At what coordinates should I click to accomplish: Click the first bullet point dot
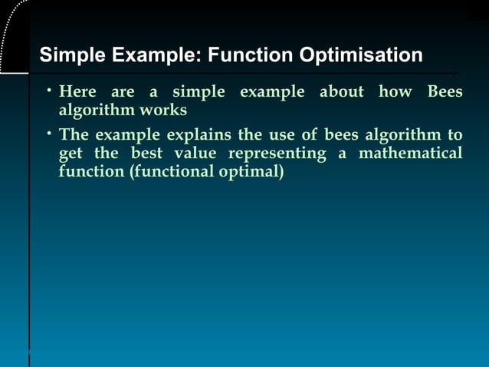(x=47, y=91)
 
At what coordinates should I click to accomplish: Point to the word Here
(x=78, y=93)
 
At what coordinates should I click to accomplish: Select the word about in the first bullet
(x=342, y=93)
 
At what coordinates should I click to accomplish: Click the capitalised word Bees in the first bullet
(x=445, y=93)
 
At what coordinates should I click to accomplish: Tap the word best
(x=145, y=154)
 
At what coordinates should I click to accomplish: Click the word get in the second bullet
(x=71, y=154)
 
